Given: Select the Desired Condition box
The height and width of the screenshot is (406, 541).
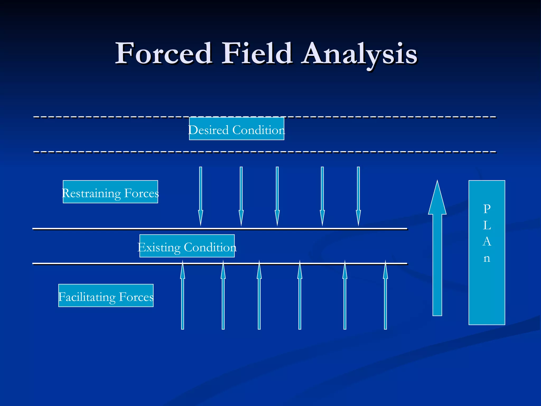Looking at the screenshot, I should pos(236,129).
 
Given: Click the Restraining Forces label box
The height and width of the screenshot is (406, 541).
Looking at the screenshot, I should pos(110,192).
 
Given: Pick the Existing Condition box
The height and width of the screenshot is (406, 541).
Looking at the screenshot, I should pos(187,246).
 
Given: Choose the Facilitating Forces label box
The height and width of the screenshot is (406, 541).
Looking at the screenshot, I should pos(106,296).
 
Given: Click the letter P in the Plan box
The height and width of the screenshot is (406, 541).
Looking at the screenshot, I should pos(487,209).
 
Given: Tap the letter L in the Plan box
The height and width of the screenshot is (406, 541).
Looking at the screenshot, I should pos(487,225).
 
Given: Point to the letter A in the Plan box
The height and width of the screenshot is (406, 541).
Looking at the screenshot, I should pos(487,242).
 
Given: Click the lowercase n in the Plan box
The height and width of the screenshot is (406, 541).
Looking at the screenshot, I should pos(487,258).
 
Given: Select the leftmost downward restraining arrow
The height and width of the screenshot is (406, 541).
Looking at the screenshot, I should pos(200,196).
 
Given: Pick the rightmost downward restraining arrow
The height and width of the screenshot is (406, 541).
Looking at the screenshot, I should pos(358,196).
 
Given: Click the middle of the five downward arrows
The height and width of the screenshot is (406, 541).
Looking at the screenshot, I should pos(277,196).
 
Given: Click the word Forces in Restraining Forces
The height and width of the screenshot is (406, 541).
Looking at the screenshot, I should pos(142,193).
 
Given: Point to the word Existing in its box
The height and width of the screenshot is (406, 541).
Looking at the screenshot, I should pos(159,247).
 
